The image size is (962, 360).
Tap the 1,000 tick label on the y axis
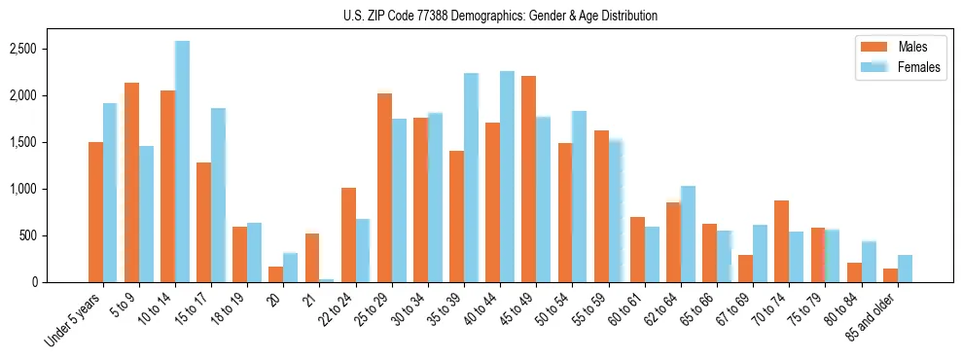click(21, 189)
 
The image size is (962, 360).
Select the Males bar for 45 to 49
click(529, 179)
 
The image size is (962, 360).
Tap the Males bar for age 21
click(312, 258)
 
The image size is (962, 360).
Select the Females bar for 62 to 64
click(689, 234)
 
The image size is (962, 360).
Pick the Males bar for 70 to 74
click(782, 241)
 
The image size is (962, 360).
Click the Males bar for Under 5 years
click(95, 212)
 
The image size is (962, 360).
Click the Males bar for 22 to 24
click(348, 234)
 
